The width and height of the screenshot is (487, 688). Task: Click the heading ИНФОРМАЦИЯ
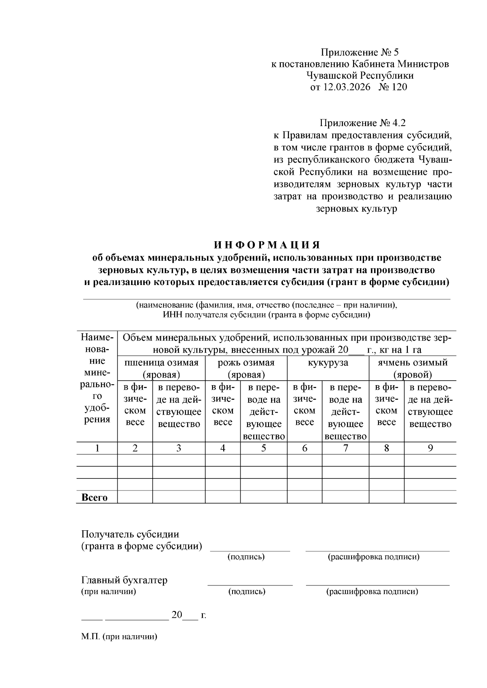(267, 245)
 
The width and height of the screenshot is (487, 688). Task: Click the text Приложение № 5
(360, 52)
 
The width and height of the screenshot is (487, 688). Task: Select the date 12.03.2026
(347, 87)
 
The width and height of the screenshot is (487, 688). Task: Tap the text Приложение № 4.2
(362, 123)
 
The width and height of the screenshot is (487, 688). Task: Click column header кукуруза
(328, 362)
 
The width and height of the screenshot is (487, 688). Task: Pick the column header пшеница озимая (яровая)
(161, 368)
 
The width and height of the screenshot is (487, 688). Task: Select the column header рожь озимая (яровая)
(246, 368)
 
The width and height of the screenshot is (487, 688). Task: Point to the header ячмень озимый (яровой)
(412, 368)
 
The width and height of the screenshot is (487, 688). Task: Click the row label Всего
(95, 497)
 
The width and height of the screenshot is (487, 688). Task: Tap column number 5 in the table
(263, 448)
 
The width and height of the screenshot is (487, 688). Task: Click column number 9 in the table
(430, 448)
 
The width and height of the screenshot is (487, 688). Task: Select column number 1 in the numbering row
(97, 448)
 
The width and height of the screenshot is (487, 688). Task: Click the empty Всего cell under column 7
(345, 497)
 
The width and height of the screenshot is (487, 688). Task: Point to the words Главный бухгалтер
(124, 580)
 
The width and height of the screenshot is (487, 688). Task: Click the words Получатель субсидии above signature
(130, 534)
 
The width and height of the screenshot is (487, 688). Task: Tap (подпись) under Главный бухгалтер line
(247, 592)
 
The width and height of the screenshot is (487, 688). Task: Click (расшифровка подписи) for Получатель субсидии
(373, 557)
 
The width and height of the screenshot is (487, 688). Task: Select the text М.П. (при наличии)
(119, 637)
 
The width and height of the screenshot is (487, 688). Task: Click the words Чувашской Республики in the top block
(360, 75)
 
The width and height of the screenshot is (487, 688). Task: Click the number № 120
(392, 87)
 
